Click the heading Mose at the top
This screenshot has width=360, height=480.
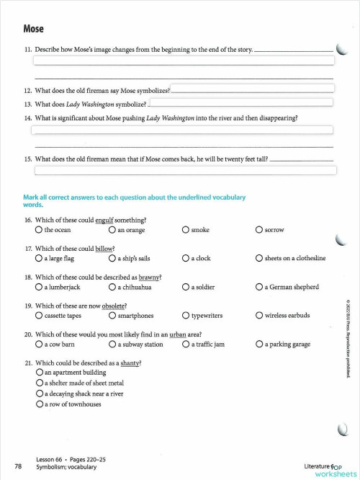33,29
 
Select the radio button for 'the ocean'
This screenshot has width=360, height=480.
39,230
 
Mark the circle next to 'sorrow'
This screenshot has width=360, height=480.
259,230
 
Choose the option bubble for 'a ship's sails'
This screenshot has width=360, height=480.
112,258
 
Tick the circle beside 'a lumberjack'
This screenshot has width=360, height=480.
39,287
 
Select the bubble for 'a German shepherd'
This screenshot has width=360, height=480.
259,287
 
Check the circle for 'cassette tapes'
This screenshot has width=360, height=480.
39,316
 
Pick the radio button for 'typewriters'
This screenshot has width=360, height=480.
186,316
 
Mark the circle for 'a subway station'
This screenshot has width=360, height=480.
112,345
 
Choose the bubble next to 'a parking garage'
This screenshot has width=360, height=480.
259,345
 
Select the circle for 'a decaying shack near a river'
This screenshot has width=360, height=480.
40,394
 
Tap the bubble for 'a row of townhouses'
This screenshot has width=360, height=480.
40,404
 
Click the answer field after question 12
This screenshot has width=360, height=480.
252,89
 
